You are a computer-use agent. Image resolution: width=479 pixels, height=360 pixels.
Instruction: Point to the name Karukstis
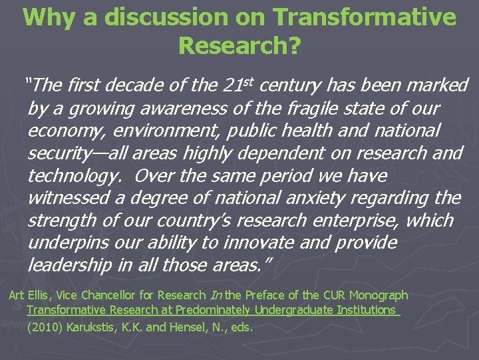tap(91, 327)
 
